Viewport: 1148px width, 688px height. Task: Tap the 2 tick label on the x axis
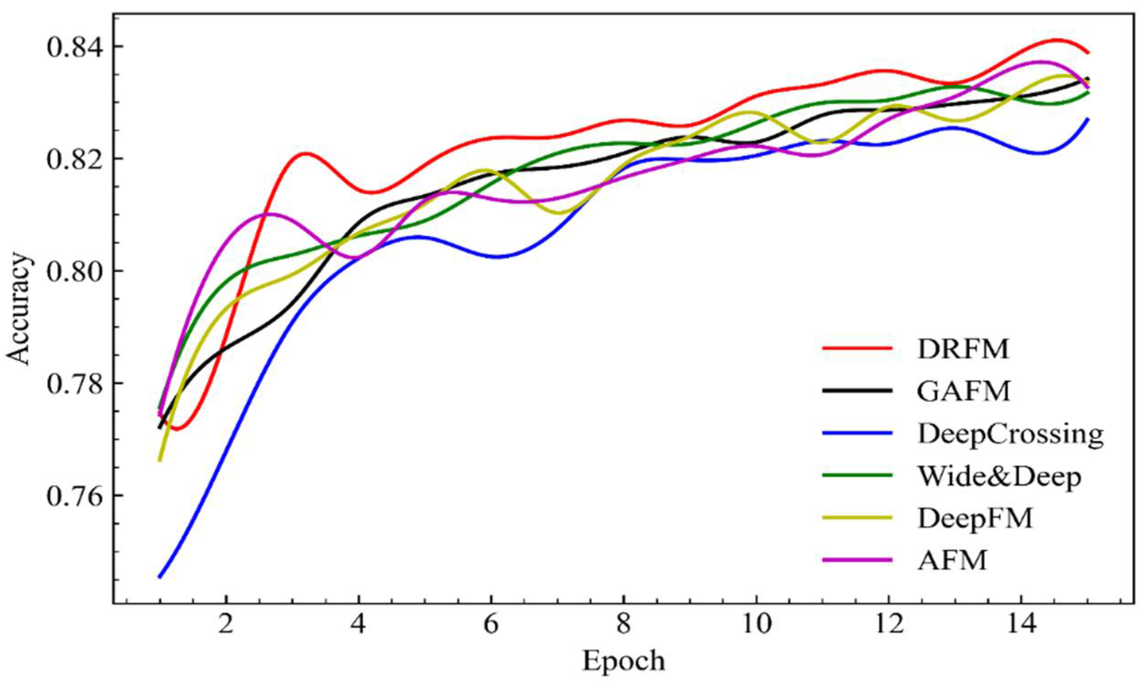click(226, 624)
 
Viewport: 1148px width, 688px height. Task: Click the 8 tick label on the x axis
click(623, 624)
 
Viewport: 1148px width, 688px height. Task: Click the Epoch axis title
click(623, 661)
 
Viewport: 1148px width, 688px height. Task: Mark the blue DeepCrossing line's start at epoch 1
click(160, 577)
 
